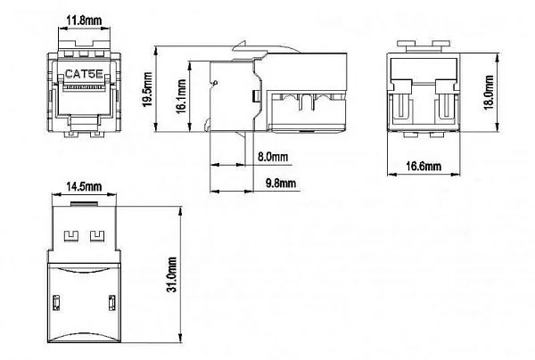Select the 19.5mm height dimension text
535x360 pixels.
(149, 89)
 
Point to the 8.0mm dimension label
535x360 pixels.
(272, 157)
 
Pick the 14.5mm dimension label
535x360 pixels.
(83, 188)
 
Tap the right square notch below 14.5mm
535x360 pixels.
(95, 235)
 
